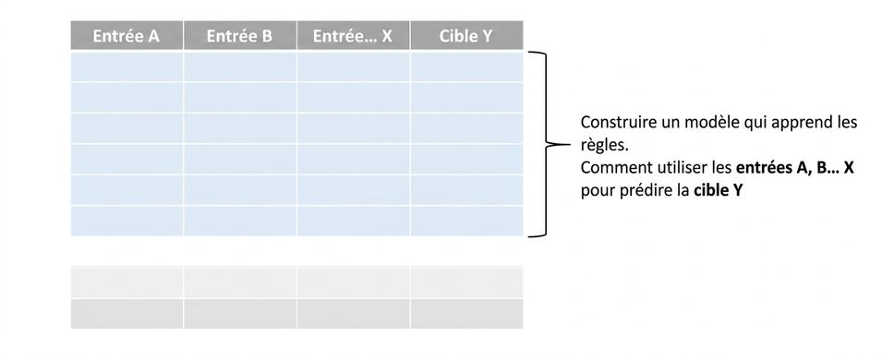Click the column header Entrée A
pyautogui.click(x=127, y=35)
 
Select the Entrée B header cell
pyautogui.click(x=239, y=35)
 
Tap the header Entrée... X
pyautogui.click(x=353, y=35)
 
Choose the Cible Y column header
pyautogui.click(x=466, y=35)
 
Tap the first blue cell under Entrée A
pyautogui.click(x=127, y=66)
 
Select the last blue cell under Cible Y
pyautogui.click(x=466, y=221)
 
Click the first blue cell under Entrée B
pyautogui.click(x=239, y=66)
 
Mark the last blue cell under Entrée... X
pyautogui.click(x=353, y=221)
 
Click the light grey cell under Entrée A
pyautogui.click(x=127, y=282)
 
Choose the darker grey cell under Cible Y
pyautogui.click(x=466, y=313)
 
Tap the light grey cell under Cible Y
pyautogui.click(x=466, y=282)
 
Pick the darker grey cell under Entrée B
pyautogui.click(x=239, y=313)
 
